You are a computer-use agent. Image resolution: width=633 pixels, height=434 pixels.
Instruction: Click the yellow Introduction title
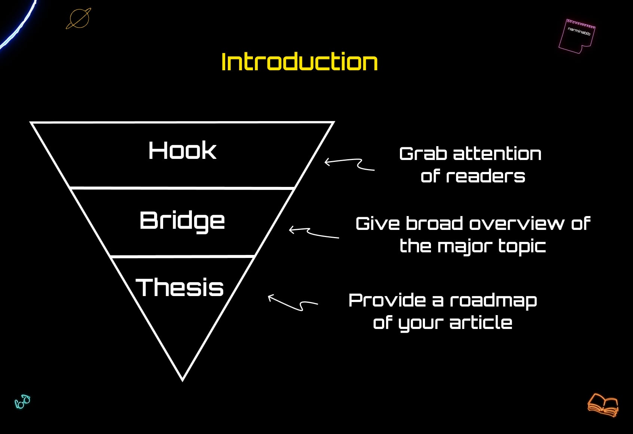pyautogui.click(x=299, y=62)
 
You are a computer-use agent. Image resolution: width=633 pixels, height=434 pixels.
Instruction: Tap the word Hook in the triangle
pyautogui.click(x=182, y=151)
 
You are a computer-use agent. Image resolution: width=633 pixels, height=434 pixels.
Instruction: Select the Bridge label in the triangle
pyautogui.click(x=182, y=221)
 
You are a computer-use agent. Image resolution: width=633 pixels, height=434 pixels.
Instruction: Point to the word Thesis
pyautogui.click(x=180, y=287)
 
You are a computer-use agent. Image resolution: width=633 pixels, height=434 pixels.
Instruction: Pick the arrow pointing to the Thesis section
pyautogui.click(x=292, y=303)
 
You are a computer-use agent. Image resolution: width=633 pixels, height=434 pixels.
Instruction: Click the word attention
pyautogui.click(x=497, y=154)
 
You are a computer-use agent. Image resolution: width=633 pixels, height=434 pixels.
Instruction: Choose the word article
pyautogui.click(x=481, y=323)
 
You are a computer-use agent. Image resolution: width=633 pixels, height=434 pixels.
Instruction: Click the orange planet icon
pyautogui.click(x=79, y=18)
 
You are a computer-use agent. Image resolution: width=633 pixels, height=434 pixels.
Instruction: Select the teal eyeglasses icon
pyautogui.click(x=22, y=402)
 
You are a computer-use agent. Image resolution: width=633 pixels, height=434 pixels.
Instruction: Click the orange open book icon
pyautogui.click(x=603, y=405)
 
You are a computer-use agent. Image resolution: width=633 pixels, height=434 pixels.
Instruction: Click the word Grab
pyautogui.click(x=423, y=154)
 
